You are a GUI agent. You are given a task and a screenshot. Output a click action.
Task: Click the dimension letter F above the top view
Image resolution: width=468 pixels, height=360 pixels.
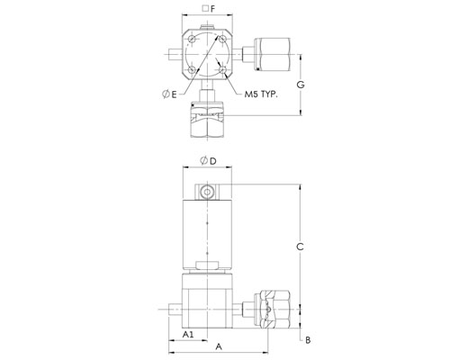pos(212,9)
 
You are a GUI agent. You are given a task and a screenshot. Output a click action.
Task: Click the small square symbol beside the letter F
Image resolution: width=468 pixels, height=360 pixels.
pos(205,8)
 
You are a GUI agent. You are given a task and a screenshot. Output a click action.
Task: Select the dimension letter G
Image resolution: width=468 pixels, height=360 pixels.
pos(301,85)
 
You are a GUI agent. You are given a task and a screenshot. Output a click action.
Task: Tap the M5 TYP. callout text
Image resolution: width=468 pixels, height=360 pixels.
pos(261,94)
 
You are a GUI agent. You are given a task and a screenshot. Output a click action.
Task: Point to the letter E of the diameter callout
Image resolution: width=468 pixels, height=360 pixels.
pos(174,94)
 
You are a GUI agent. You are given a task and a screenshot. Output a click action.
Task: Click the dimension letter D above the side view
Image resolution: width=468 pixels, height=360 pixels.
pos(212,161)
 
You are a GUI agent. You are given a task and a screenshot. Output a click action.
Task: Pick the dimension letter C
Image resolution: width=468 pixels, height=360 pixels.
pos(300,247)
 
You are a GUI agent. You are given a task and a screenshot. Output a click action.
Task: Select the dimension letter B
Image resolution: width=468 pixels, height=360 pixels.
pos(308,340)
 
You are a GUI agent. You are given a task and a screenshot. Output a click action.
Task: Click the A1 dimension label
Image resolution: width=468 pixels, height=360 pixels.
pos(188,334)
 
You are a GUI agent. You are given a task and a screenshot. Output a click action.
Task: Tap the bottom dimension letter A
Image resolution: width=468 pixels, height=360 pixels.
pos(219,346)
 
